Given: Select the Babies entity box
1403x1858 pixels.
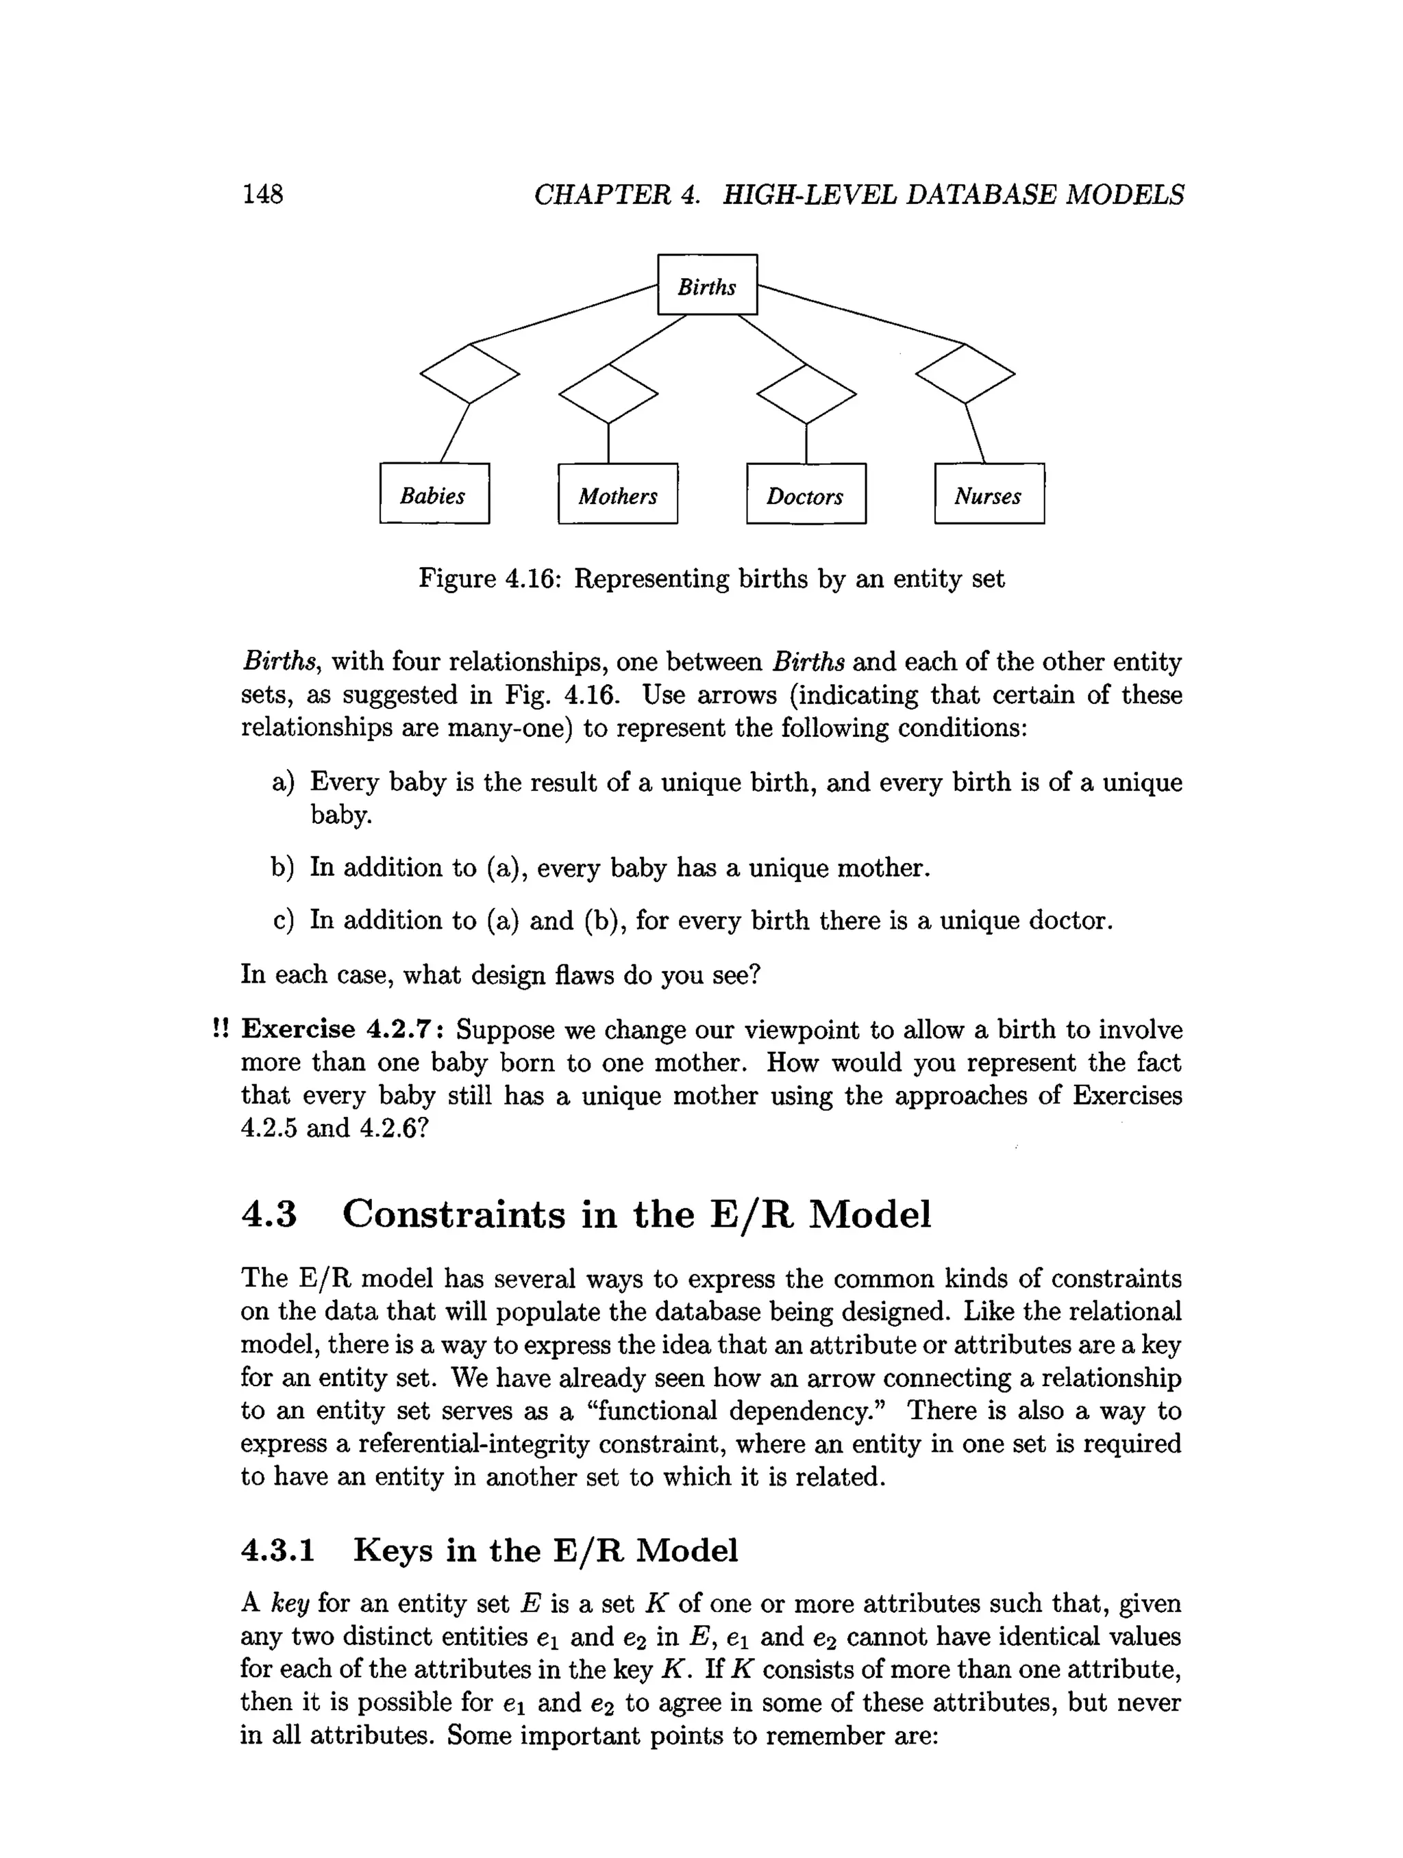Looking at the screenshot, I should pyautogui.click(x=434, y=494).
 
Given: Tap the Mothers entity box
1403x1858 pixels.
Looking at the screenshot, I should pyautogui.click(x=617, y=494).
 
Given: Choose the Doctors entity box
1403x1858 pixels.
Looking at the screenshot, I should pyautogui.click(x=805, y=494).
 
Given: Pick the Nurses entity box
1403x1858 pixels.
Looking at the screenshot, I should pyautogui.click(x=989, y=494).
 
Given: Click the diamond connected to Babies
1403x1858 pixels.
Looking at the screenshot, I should pyautogui.click(x=469, y=373).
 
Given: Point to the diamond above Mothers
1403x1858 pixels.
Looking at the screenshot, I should pyautogui.click(x=608, y=394).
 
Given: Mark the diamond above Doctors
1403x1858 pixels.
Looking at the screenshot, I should pyautogui.click(x=806, y=394).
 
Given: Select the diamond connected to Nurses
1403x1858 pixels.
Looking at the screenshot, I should pyautogui.click(x=965, y=373).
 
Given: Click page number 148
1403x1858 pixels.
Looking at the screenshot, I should pyautogui.click(x=262, y=194).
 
